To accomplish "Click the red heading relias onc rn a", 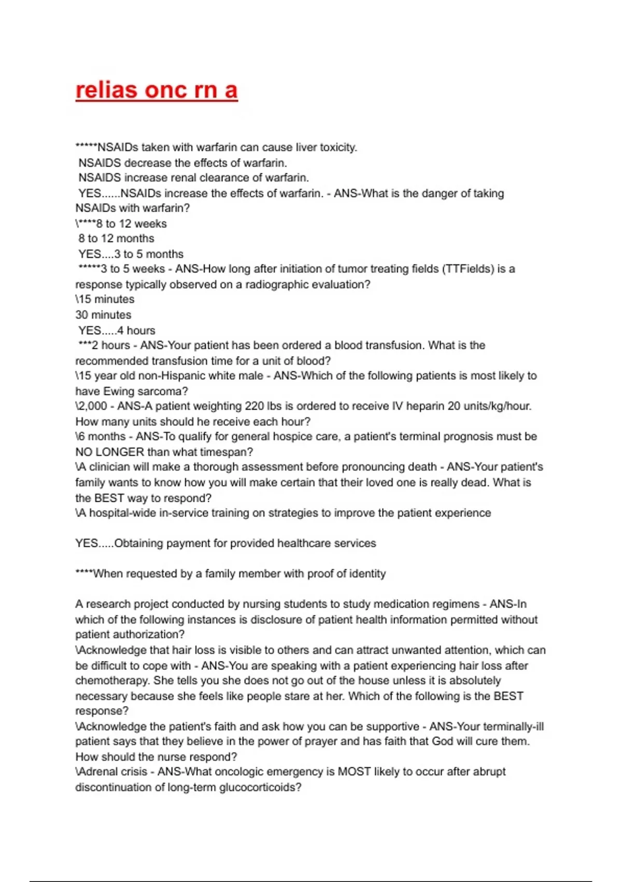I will pyautogui.click(x=157, y=90).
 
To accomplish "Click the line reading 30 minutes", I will pyautogui.click(x=103, y=315).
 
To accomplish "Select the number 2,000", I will pyautogui.click(x=93, y=406).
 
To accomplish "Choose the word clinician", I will pyautogui.click(x=111, y=467).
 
